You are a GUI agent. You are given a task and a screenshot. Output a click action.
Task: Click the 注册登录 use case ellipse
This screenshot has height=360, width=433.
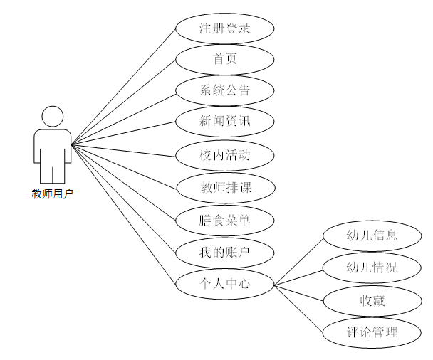[x=225, y=29]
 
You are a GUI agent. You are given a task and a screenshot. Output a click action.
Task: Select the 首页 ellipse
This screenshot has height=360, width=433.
[x=225, y=60]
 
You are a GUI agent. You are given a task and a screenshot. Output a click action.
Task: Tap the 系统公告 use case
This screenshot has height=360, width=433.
[x=225, y=91]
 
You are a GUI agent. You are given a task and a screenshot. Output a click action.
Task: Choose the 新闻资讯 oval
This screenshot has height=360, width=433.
[x=225, y=122]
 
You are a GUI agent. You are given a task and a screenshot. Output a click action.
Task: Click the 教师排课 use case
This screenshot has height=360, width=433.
[x=225, y=188]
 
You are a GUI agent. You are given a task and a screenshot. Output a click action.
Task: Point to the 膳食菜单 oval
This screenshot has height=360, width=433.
[x=225, y=221]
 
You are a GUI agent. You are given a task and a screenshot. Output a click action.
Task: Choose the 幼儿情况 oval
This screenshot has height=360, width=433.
[x=372, y=268]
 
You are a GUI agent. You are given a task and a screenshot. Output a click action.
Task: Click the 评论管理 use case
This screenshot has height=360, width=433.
[x=372, y=332]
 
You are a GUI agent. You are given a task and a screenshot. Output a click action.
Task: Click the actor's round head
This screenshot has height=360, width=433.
[x=52, y=117]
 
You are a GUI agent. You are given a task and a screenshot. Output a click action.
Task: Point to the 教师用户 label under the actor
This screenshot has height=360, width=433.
[x=52, y=194]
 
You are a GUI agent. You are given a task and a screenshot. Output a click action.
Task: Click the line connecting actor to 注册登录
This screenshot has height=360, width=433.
[x=125, y=85]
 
